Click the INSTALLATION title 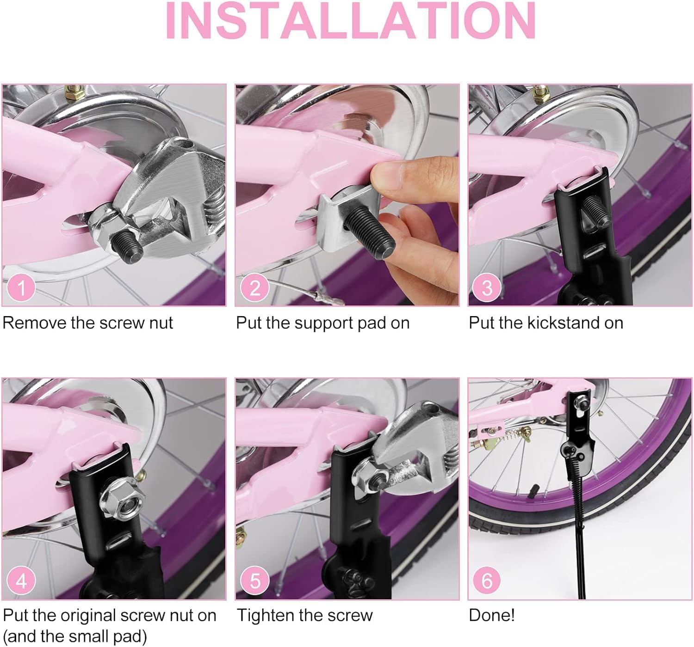click(350, 21)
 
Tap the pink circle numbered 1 click(21, 288)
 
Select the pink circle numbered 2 click(255, 288)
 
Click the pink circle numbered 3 click(487, 288)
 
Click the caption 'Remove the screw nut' click(88, 323)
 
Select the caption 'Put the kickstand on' click(546, 323)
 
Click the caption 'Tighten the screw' click(305, 615)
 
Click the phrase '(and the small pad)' click(75, 636)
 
